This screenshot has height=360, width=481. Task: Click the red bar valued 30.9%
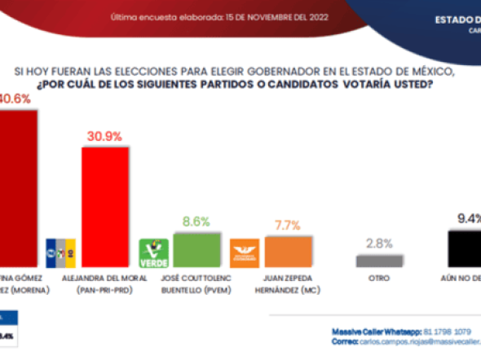pyautogui.click(x=104, y=206)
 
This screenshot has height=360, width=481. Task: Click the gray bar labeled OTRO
pyautogui.click(x=379, y=261)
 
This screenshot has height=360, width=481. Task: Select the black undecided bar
pyautogui.click(x=466, y=248)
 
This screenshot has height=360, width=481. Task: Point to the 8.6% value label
pyautogui.click(x=196, y=222)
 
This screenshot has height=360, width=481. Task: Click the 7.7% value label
pyautogui.click(x=288, y=225)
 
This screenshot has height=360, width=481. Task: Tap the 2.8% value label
pyautogui.click(x=379, y=243)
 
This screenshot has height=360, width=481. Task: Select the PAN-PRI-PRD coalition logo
pyautogui.click(x=62, y=248)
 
